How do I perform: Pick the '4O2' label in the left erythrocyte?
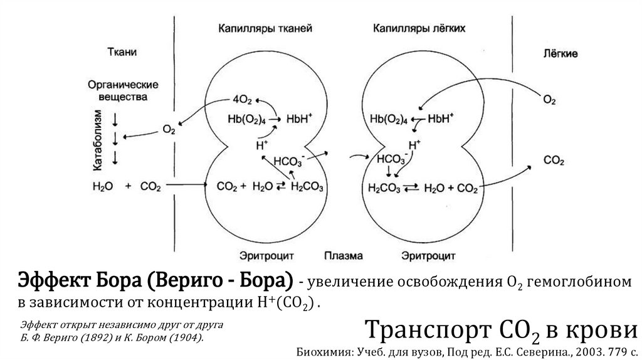click(243, 100)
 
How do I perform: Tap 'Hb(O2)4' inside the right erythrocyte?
click(388, 117)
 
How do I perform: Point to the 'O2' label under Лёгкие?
click(549, 100)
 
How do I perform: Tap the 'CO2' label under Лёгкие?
click(554, 161)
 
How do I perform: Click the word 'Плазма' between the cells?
click(339, 255)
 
